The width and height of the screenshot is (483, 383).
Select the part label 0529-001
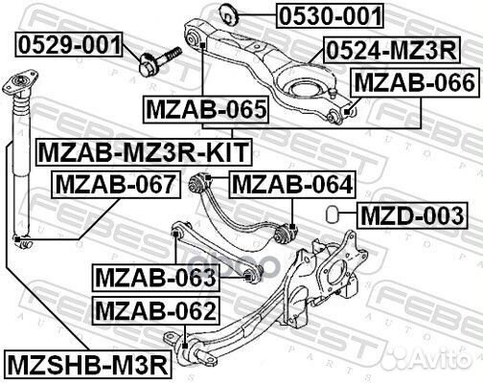click(x=68, y=44)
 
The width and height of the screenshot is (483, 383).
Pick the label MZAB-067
click(x=113, y=182)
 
